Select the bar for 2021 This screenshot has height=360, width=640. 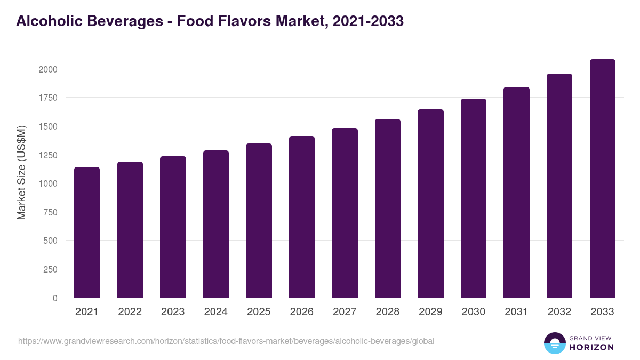[87, 233]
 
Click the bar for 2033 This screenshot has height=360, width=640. [603, 179]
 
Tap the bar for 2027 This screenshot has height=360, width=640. [345, 213]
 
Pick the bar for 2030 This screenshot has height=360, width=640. [474, 198]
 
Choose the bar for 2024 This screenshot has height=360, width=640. [216, 224]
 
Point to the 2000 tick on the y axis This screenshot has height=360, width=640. [47, 69]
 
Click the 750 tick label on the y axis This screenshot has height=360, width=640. [50, 212]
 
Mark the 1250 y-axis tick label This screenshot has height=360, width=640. [47, 155]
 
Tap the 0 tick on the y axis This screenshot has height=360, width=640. [54, 298]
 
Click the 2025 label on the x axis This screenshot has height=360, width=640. [259, 312]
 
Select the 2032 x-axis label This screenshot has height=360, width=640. [559, 312]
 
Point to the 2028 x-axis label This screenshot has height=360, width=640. [388, 312]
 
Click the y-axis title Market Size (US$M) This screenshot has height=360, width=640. [21, 172]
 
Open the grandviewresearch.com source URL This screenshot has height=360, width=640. [226, 341]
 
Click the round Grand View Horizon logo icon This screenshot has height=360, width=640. [555, 343]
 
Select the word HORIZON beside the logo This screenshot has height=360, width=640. [592, 347]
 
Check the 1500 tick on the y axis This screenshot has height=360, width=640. [47, 126]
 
